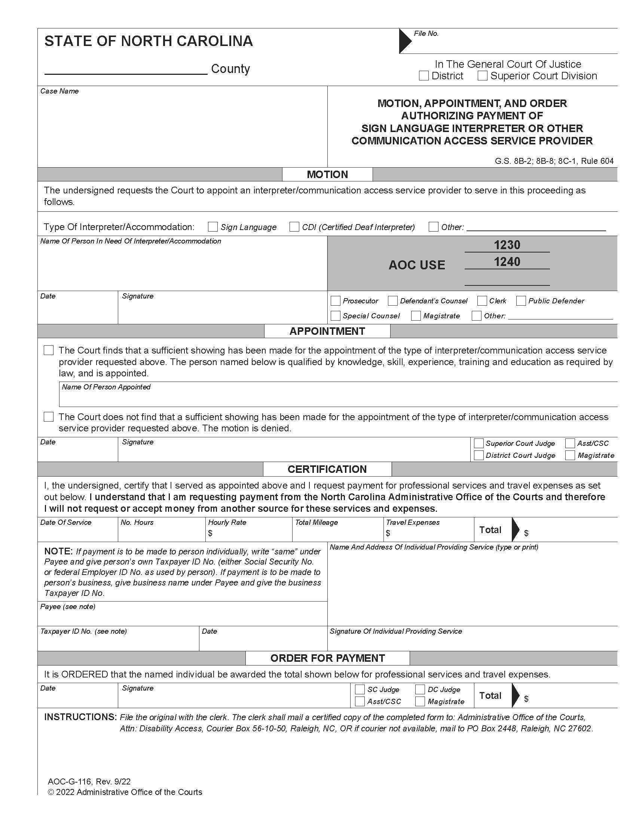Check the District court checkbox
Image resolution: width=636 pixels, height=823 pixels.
pyautogui.click(x=424, y=76)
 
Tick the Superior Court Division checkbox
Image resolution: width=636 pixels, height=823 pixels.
pyautogui.click(x=483, y=76)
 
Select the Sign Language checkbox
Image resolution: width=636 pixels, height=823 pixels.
pyautogui.click(x=213, y=227)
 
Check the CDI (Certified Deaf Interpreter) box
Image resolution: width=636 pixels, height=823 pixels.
pyautogui.click(x=294, y=227)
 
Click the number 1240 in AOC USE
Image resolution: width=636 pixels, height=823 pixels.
pyautogui.click(x=507, y=262)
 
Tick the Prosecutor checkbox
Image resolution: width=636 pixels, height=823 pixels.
pyautogui.click(x=335, y=301)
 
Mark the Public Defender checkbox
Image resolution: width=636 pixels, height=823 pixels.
pyautogui.click(x=521, y=301)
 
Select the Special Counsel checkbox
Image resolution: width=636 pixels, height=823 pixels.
pyautogui.click(x=335, y=316)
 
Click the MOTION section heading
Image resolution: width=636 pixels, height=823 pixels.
pyautogui.click(x=327, y=174)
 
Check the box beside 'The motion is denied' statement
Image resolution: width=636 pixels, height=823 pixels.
pyautogui.click(x=49, y=417)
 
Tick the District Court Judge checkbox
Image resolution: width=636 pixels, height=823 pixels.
pyautogui.click(x=478, y=455)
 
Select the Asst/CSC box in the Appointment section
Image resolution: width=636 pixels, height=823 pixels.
pyautogui.click(x=570, y=443)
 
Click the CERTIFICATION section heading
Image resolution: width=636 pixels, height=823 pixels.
pyautogui.click(x=327, y=469)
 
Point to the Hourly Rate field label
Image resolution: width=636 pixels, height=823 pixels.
pyautogui.click(x=227, y=522)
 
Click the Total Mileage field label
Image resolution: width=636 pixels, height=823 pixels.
pyautogui.click(x=316, y=522)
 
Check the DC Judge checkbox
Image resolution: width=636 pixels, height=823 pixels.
pyautogui.click(x=420, y=689)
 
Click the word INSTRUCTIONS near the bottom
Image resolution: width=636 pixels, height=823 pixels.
pyautogui.click(x=80, y=717)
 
